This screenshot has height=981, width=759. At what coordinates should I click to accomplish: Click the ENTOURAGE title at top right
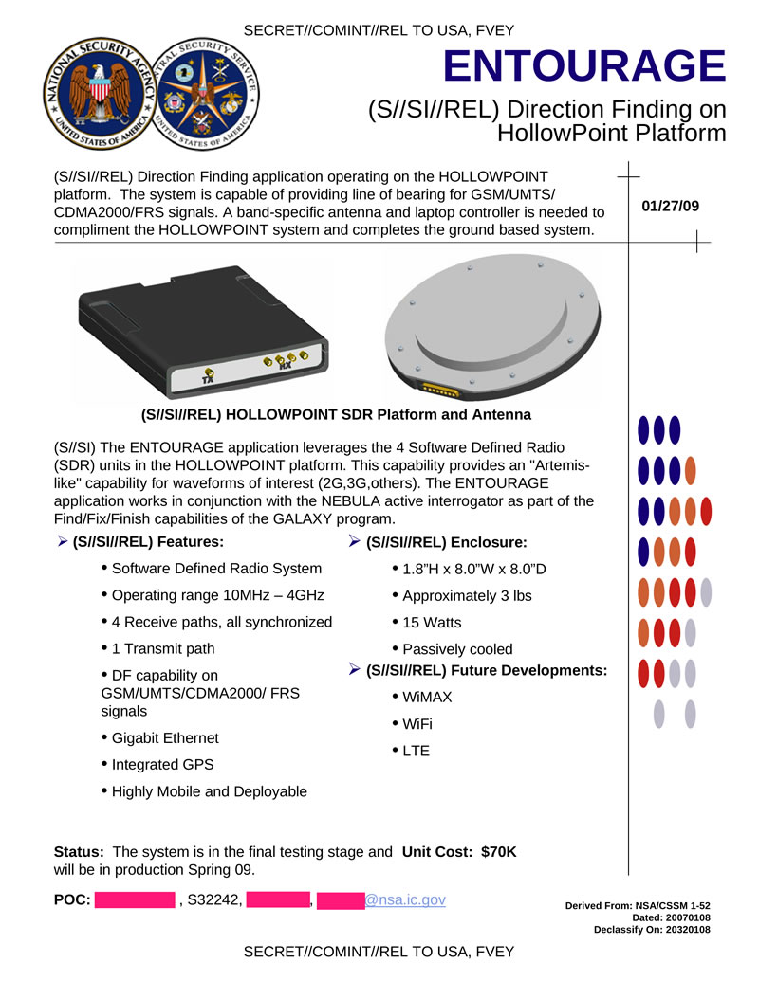583,66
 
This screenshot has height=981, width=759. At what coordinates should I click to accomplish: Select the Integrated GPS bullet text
162,764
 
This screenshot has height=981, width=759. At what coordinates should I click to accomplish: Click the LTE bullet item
416,751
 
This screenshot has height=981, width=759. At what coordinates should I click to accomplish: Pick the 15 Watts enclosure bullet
432,623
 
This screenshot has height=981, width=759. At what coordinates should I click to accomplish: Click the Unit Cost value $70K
498,852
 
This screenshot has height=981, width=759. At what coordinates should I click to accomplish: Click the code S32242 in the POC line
214,899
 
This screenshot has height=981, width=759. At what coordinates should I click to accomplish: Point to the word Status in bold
79,852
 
